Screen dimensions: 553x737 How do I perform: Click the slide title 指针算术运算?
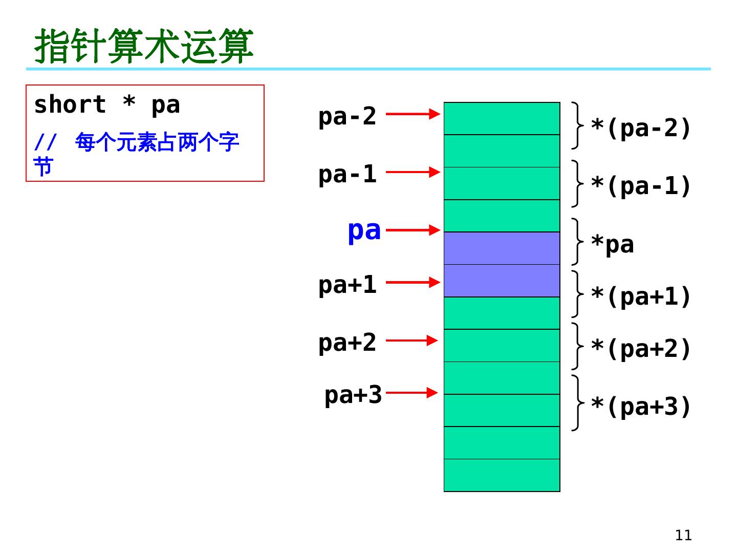click(x=144, y=46)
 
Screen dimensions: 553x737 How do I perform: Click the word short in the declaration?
click(x=70, y=105)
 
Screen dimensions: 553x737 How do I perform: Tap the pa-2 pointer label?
click(x=347, y=116)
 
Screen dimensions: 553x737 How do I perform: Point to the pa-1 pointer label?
click(x=347, y=174)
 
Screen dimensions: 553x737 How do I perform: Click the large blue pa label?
click(x=364, y=230)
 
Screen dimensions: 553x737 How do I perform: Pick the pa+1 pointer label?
click(x=347, y=285)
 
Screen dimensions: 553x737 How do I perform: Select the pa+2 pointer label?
click(x=347, y=343)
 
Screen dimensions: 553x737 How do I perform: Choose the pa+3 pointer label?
click(x=353, y=395)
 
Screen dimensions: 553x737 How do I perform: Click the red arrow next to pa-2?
click(x=413, y=114)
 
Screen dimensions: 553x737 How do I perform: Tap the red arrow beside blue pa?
click(x=413, y=230)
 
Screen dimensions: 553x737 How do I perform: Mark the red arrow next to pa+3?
click(x=411, y=393)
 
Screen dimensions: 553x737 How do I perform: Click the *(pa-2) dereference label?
click(x=641, y=128)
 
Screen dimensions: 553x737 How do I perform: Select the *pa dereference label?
click(x=612, y=245)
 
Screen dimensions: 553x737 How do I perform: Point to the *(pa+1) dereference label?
click(x=641, y=296)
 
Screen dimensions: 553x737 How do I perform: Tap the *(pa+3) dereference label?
click(x=641, y=407)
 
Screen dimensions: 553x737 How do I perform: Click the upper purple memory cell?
click(x=502, y=248)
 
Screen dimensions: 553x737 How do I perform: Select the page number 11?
click(x=683, y=535)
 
